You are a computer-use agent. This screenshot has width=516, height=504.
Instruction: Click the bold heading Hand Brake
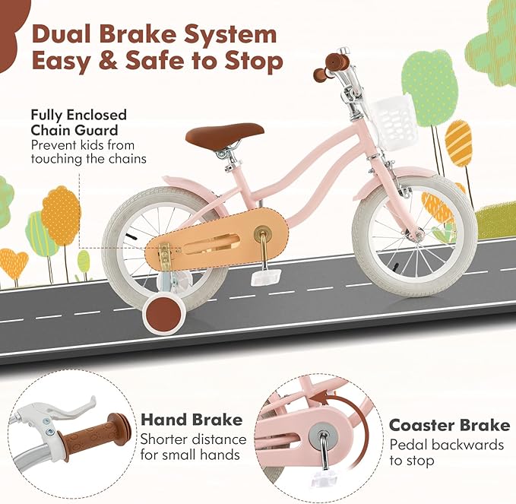191,420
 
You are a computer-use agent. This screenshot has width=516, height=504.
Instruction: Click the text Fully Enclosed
78,116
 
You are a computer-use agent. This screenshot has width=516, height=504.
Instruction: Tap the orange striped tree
458,144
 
